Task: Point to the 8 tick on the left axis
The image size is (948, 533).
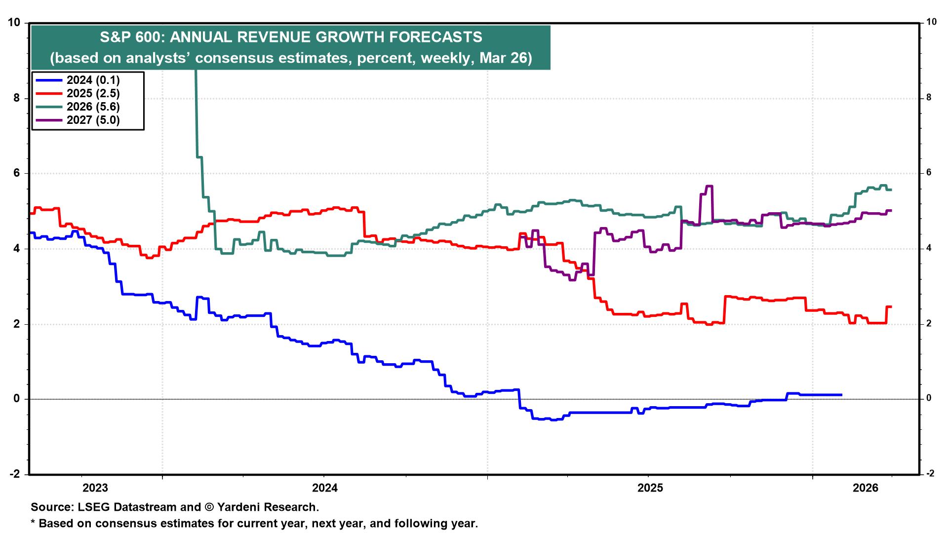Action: pos(16,98)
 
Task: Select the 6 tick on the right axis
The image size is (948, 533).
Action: pos(929,173)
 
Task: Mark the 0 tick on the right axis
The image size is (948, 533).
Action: pos(929,398)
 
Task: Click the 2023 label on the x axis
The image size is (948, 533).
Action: pos(95,488)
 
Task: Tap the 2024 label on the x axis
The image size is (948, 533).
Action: pos(325,488)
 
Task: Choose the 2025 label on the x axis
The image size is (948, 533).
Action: pos(650,488)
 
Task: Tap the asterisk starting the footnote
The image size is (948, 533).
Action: pos(33,523)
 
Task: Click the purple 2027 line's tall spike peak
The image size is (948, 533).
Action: pos(709,186)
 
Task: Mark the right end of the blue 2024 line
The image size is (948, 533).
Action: pos(841,395)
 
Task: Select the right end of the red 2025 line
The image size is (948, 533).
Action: pos(891,307)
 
